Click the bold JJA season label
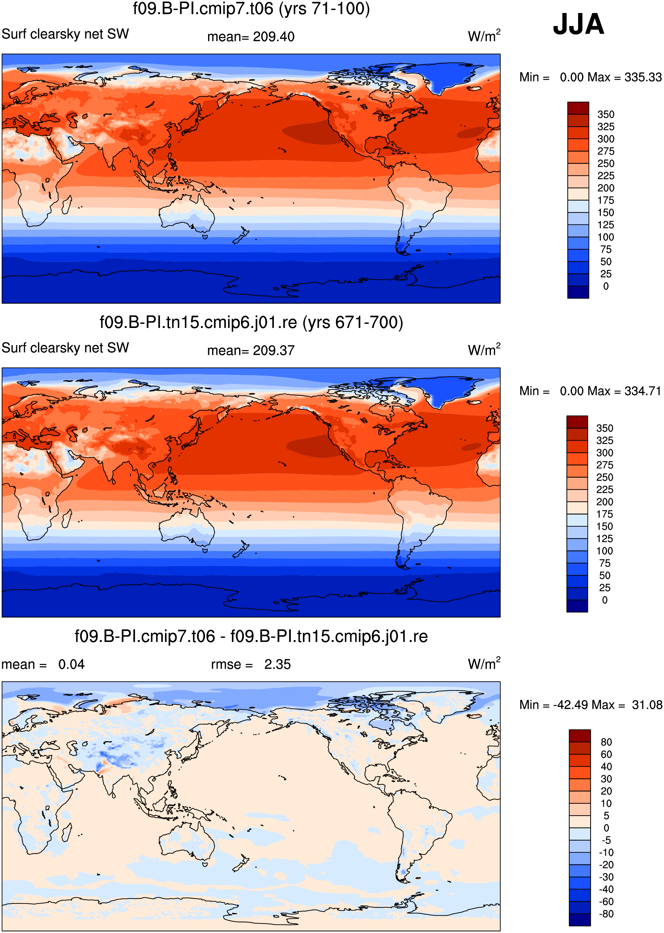[578, 24]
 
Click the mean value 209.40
[274, 37]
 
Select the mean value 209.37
[274, 351]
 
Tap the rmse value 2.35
[277, 665]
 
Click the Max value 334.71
[643, 391]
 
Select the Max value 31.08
[647, 705]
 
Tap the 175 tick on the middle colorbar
[604, 514]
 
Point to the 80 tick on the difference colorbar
[606, 742]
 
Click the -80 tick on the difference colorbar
[606, 914]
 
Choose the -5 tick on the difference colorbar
[606, 840]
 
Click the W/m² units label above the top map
[484, 36]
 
